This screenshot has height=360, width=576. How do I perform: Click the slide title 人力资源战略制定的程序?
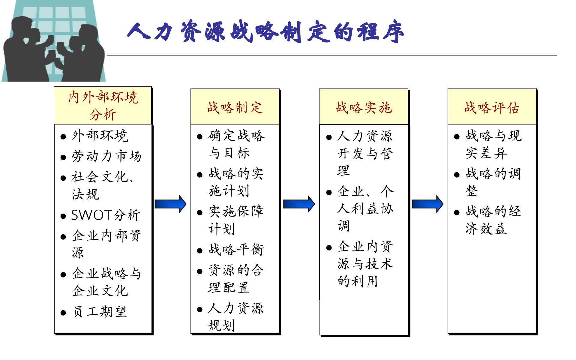(x=265, y=31)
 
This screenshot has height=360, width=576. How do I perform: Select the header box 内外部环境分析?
(x=103, y=106)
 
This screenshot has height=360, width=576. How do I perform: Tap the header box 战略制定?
(x=235, y=107)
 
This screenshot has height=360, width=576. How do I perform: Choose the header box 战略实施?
(x=364, y=107)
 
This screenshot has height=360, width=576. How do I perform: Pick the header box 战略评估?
(x=492, y=107)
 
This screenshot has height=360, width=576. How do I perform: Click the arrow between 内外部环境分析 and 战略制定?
(x=170, y=204)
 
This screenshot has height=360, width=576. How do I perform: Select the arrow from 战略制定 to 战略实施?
(x=299, y=204)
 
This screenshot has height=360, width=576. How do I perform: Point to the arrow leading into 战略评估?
(x=427, y=204)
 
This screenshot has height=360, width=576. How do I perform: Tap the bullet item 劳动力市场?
(x=106, y=156)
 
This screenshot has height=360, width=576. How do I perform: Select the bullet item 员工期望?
(x=100, y=312)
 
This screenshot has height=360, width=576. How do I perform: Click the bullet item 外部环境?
(x=100, y=136)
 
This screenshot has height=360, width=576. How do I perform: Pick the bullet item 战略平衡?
(x=236, y=250)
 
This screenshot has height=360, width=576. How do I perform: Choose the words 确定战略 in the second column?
(x=236, y=136)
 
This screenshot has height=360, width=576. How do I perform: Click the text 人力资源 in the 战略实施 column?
(x=364, y=136)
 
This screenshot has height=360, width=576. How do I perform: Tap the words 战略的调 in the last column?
(x=493, y=174)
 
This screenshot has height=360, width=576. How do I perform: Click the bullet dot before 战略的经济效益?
(x=457, y=213)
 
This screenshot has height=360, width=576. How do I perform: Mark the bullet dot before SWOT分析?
(x=63, y=216)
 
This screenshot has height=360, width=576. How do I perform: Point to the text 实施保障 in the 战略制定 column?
(x=236, y=211)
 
